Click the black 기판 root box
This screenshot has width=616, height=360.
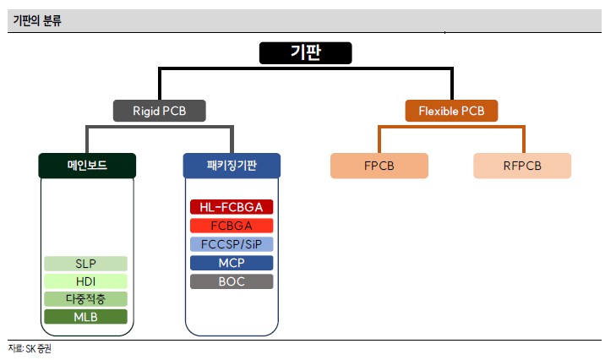tap(304, 52)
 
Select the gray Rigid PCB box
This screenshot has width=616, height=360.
tap(160, 110)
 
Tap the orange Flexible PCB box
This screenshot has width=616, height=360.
tap(451, 110)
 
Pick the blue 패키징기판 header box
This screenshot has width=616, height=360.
tap(231, 165)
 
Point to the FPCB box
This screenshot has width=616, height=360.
tap(379, 165)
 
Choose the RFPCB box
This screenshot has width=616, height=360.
tap(521, 165)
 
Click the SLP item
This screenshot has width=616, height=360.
tap(85, 264)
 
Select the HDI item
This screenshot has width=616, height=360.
tap(85, 281)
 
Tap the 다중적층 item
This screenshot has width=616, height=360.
tap(85, 299)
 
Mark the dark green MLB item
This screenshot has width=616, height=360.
tap(85, 317)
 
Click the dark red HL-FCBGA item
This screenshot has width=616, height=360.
tap(232, 207)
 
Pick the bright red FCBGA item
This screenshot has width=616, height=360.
tap(232, 226)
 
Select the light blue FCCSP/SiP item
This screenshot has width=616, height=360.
tap(232, 244)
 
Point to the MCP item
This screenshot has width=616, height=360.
tap(232, 263)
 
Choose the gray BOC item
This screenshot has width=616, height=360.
tap(232, 281)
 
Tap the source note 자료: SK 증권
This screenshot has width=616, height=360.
tap(30, 348)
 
